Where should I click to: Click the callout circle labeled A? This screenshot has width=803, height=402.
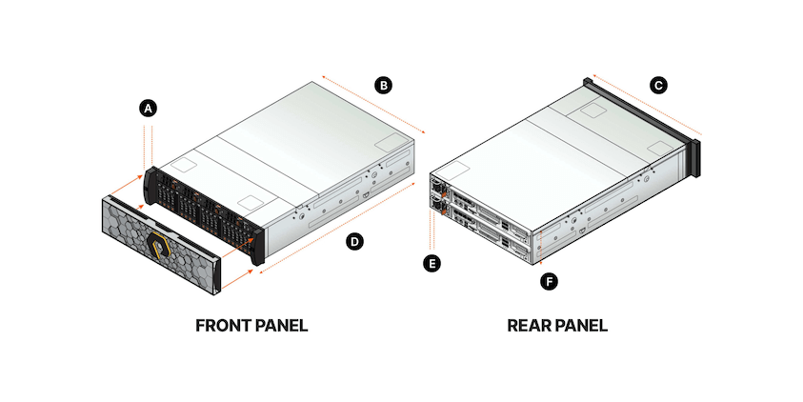coord(148,109)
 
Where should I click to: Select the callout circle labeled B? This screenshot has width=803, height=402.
coord(383,86)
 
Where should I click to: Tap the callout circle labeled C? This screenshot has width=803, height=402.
coord(657,86)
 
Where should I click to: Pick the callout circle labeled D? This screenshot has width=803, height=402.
coord(353,242)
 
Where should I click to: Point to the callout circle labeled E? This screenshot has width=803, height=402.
coord(433,262)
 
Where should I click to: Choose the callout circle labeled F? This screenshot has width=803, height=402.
coord(548,281)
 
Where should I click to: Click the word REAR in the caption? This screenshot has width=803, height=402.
coord(529,326)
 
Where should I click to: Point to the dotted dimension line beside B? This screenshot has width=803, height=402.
coord(371,104)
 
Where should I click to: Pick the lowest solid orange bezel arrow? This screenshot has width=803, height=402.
coord(239,277)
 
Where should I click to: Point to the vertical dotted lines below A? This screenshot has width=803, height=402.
coord(149,143)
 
